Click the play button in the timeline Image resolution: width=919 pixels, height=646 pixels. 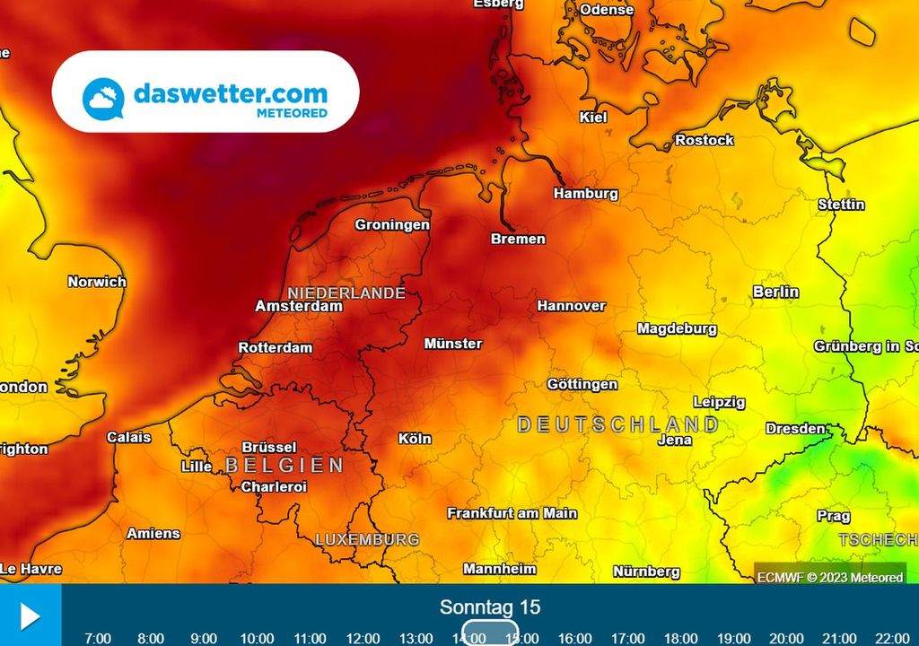point(30,615)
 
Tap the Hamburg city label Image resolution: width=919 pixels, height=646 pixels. point(585,193)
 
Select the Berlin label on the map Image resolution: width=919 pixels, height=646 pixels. point(775,292)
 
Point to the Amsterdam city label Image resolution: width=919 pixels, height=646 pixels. point(299,306)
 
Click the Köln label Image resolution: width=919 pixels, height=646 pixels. point(414,439)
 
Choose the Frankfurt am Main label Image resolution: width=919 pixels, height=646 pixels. point(512,513)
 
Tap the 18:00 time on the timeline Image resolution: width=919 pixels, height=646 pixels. point(680,638)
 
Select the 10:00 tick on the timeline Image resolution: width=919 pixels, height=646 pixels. point(257,638)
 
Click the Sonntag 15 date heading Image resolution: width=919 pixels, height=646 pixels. point(490,607)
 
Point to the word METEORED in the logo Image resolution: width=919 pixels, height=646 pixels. point(292,113)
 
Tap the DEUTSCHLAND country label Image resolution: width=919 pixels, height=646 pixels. point(618,424)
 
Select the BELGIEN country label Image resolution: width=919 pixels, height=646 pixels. point(284,465)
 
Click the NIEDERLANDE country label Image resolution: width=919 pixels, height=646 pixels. point(346,292)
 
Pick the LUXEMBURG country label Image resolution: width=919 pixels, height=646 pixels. point(367,539)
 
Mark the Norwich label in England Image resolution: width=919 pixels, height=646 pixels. point(97,282)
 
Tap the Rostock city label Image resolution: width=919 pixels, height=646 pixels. point(704,140)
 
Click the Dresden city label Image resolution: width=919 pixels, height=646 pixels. point(795,428)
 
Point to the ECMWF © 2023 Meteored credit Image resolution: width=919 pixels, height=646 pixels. point(829,577)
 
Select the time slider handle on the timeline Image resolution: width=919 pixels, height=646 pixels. point(490,633)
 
